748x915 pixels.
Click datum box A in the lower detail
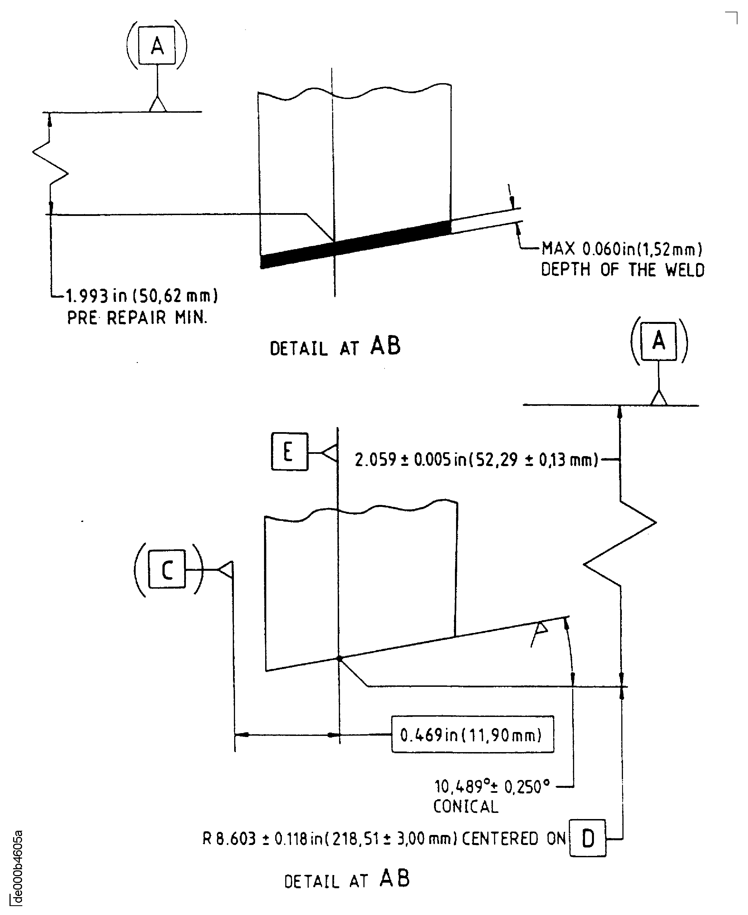[658, 341]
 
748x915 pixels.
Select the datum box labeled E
[289, 452]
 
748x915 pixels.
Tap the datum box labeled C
[167, 569]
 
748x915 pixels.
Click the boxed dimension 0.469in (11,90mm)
[472, 735]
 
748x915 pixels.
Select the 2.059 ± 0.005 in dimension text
[476, 460]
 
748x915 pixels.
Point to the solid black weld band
[356, 245]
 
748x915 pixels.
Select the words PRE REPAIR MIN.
[137, 318]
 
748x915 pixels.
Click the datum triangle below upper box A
[157, 105]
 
